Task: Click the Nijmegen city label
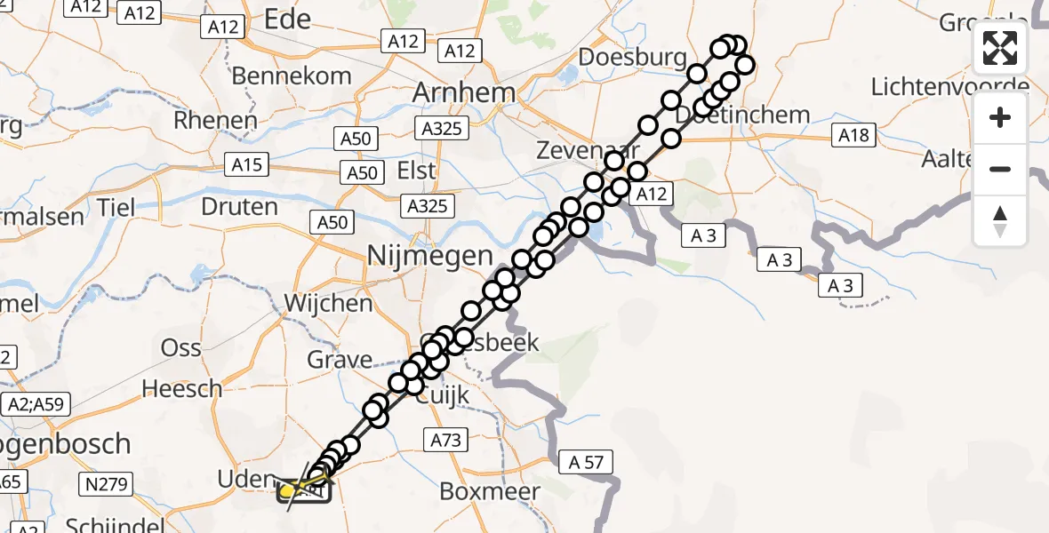point(430,257)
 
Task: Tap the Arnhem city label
point(463,92)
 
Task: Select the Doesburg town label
point(632,58)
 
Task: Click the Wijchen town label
point(328,303)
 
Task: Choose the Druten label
point(240,207)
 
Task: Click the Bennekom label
point(292,76)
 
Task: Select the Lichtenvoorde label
point(949,87)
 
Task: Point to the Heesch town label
point(182,388)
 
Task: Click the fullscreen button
point(1000,48)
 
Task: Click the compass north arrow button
point(1000,220)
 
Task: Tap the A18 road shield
point(854,135)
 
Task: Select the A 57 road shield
point(586,461)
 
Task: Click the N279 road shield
point(108,484)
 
